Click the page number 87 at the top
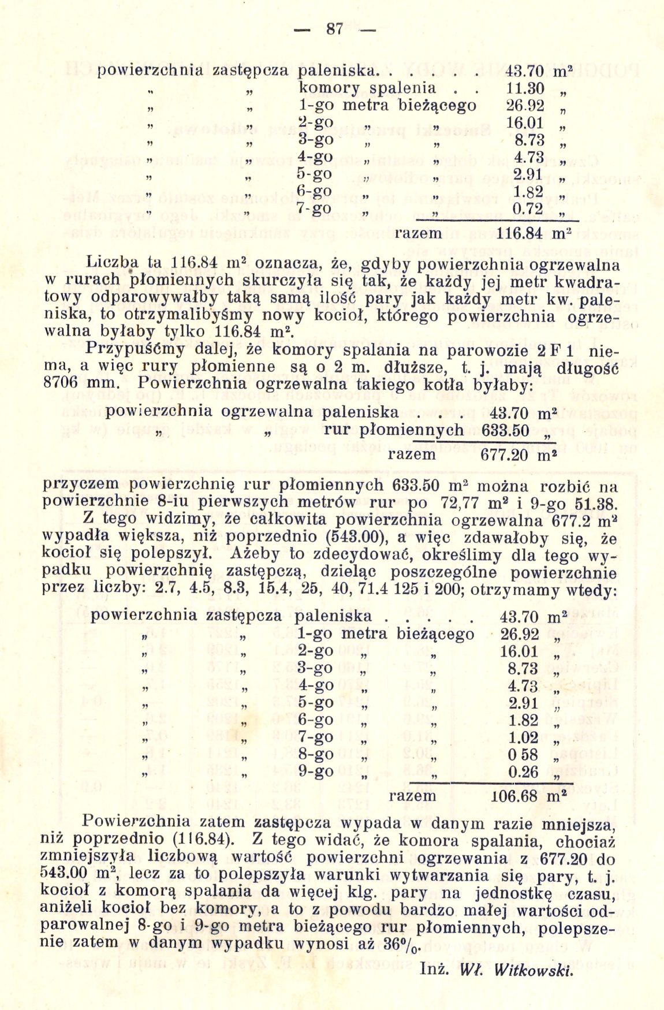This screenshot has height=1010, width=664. tap(334, 28)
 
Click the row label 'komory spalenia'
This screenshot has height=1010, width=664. tap(367, 88)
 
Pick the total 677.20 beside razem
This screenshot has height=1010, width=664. tap(504, 454)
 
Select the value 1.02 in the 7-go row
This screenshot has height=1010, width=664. tap(524, 737)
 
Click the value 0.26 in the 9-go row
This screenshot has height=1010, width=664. tap(524, 772)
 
